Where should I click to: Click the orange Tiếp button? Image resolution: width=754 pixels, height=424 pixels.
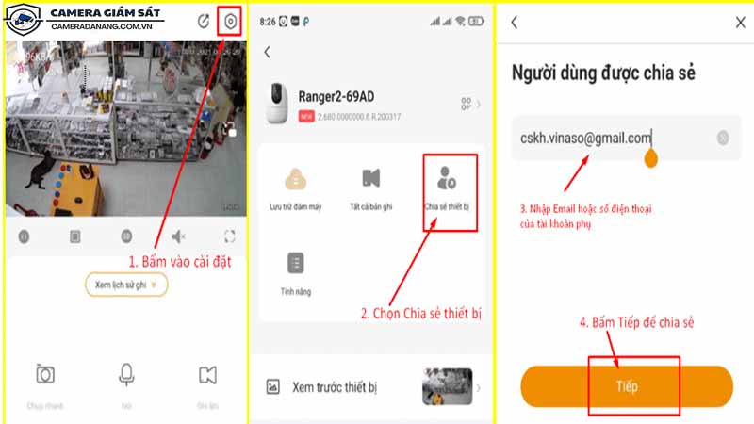pos(627,386)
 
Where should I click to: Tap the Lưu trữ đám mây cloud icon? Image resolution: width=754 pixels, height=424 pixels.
pos(297,179)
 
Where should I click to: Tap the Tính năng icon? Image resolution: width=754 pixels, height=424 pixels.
pos(296,264)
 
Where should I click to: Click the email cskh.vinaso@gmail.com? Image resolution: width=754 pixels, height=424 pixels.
pos(585,138)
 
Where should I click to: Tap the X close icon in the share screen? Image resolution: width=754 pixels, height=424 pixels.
pos(739,23)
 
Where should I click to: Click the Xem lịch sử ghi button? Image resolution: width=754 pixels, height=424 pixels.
pos(126,284)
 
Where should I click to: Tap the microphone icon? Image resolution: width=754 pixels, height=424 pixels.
pos(126,375)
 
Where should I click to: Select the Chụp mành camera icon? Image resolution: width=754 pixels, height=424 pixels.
pos(44,375)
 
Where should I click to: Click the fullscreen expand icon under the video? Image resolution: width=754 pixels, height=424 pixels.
pos(230,236)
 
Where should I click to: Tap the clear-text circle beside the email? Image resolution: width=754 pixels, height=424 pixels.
pos(723,138)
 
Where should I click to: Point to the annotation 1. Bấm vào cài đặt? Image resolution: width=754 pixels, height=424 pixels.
pos(180,261)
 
